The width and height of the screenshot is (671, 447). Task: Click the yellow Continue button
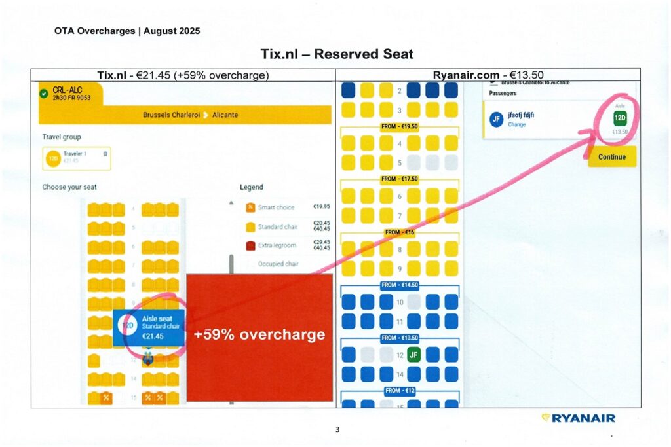click(611, 157)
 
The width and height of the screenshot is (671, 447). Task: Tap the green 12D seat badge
click(620, 118)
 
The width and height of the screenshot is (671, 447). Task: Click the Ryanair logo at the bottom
click(578, 418)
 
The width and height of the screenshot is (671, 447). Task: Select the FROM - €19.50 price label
click(399, 126)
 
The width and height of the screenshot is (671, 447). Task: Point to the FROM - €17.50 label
click(399, 179)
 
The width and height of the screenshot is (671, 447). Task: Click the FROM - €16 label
click(399, 232)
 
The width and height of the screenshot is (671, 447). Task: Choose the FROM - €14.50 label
click(399, 286)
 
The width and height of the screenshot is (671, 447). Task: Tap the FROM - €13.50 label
click(399, 338)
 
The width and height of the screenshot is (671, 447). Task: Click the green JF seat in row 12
click(413, 355)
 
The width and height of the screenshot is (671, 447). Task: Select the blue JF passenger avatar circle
click(496, 119)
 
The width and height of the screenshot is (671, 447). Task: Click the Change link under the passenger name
click(517, 124)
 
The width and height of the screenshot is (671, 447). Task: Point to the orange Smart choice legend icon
click(250, 207)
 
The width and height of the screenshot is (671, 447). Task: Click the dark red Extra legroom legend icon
click(250, 245)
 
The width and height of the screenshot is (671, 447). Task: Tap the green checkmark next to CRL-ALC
click(44, 94)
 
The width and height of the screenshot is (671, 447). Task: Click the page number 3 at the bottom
click(337, 429)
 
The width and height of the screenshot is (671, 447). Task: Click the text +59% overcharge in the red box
click(259, 334)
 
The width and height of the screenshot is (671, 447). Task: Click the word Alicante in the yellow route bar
click(225, 115)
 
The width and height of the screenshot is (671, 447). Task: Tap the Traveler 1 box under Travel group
click(75, 158)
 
